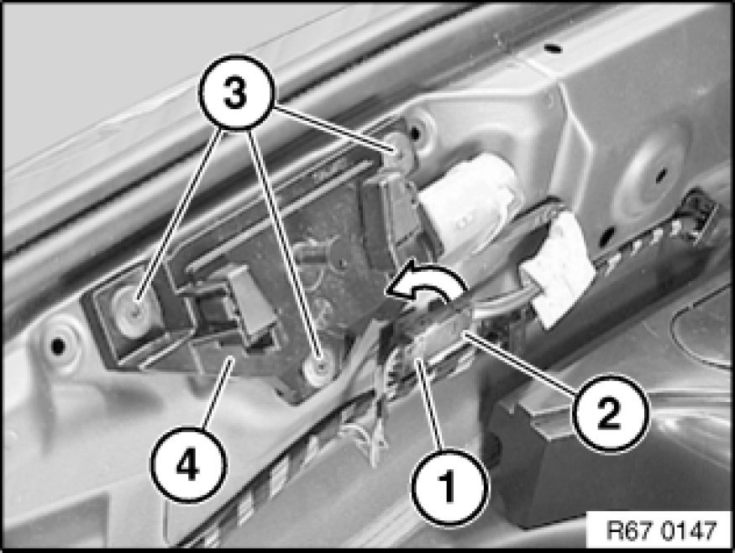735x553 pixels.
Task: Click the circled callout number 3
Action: click(235, 92)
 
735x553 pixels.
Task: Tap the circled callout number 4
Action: click(188, 466)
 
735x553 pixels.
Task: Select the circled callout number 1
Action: click(449, 487)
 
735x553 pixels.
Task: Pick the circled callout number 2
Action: click(609, 412)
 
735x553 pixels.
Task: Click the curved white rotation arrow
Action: click(424, 284)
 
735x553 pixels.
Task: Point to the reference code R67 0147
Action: click(661, 530)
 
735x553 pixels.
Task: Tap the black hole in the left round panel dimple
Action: click(58, 346)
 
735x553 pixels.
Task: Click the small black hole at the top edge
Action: click(552, 47)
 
